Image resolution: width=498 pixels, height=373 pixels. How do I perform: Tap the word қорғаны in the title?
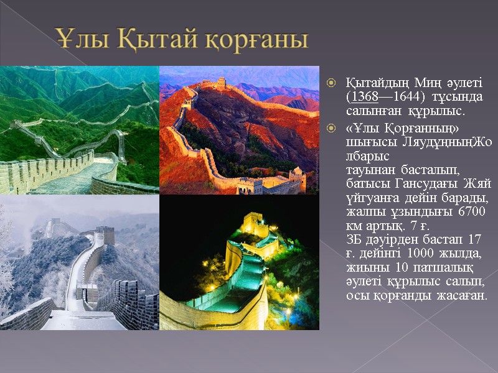point(255,40)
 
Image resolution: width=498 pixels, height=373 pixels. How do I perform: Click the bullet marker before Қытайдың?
point(332,83)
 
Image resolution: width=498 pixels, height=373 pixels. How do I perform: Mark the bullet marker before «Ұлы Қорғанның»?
point(332,127)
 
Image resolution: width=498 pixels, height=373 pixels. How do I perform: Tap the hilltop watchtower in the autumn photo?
point(221,82)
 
